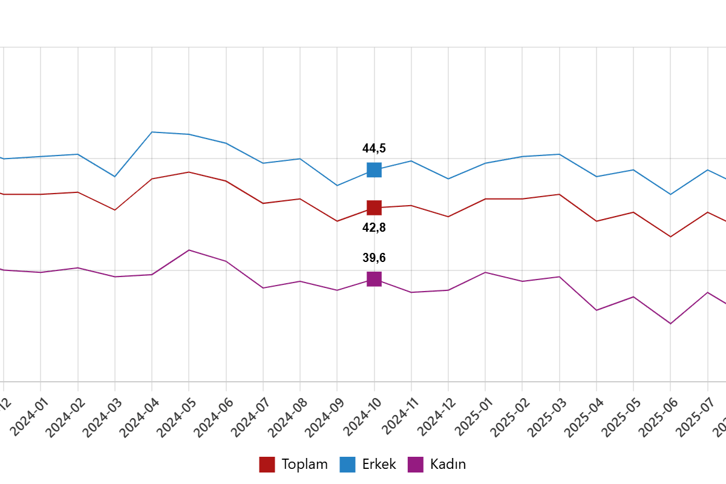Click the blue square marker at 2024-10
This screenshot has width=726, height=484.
click(374, 170)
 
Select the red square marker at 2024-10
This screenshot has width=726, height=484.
click(374, 208)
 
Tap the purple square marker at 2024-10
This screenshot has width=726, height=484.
click(374, 279)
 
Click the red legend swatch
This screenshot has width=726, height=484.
click(267, 465)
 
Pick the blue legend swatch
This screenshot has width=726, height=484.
click(347, 465)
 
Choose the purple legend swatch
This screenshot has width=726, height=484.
click(415, 465)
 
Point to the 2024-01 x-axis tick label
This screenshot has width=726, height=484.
click(29, 417)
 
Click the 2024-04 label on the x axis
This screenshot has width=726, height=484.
click(140, 417)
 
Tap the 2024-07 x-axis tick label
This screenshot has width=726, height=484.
click(251, 417)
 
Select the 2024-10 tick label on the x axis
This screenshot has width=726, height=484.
click(362, 417)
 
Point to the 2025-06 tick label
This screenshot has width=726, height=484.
click(659, 417)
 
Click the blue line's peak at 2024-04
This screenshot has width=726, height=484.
click(152, 132)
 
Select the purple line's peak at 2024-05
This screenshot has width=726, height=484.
click(189, 250)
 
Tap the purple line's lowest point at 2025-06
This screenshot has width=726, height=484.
click(670, 324)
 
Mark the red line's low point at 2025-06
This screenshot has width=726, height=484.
click(670, 237)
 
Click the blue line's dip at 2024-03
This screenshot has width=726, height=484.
click(115, 177)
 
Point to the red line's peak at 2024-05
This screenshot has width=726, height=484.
click(189, 172)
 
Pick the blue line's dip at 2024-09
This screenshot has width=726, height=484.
click(337, 186)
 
